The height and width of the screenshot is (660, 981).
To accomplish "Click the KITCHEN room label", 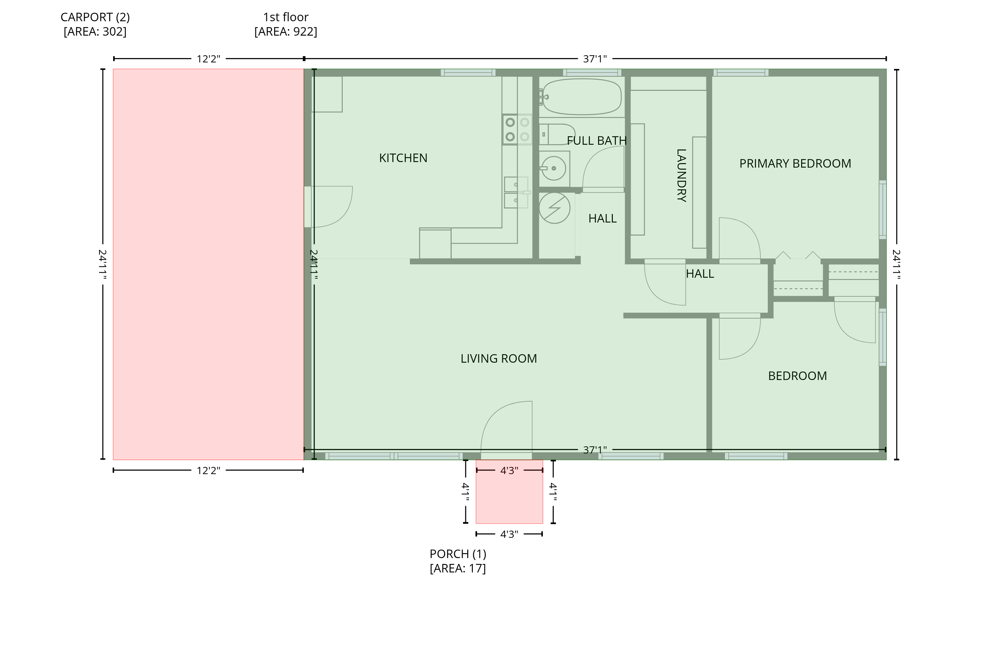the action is coord(403,158).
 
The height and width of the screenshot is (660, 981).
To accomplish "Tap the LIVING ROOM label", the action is coord(499,359).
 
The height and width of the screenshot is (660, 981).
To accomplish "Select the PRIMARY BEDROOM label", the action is coord(795,163).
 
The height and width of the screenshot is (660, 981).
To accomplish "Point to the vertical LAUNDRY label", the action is coord(681,175).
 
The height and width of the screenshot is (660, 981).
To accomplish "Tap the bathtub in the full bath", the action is coord(582,97).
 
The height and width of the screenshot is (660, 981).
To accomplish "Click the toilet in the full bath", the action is coord(557,134).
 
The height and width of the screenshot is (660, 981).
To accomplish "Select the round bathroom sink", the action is coord(554,168).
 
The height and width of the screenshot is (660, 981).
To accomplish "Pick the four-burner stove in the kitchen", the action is coord(517,130).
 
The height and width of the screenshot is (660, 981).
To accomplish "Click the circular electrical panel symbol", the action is coord(554,208).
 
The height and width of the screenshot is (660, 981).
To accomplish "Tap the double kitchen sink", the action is coord(516,192).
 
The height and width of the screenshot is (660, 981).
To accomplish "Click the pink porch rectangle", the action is coord(509,492).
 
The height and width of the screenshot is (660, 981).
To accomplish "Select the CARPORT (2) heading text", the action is coord(95,17).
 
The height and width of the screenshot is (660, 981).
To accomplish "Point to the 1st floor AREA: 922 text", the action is coord(285,32).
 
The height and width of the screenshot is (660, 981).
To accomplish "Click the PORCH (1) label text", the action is coord(458,554).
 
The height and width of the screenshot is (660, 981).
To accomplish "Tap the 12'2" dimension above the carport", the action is coord(209,59).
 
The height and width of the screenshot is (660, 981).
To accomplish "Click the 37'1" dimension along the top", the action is coord(595,59).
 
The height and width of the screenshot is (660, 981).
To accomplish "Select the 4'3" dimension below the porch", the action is coord(509,535).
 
